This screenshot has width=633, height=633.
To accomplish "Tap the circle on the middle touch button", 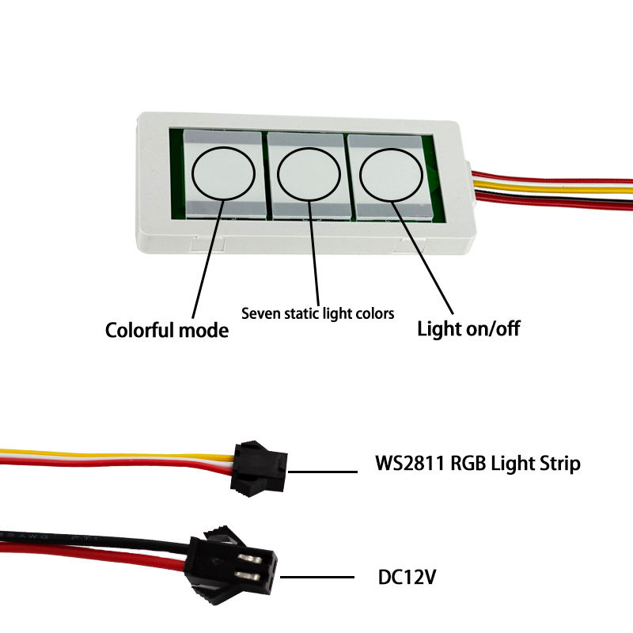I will pos(309,172).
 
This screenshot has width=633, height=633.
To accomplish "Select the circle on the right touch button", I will pos(391,173).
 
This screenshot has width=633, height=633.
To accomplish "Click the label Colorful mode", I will pos(167,330).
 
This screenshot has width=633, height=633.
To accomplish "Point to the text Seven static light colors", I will pos(317,313).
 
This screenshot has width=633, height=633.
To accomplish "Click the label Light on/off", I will pos(468,328).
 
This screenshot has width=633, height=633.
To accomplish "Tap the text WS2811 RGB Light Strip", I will pos(477,463).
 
